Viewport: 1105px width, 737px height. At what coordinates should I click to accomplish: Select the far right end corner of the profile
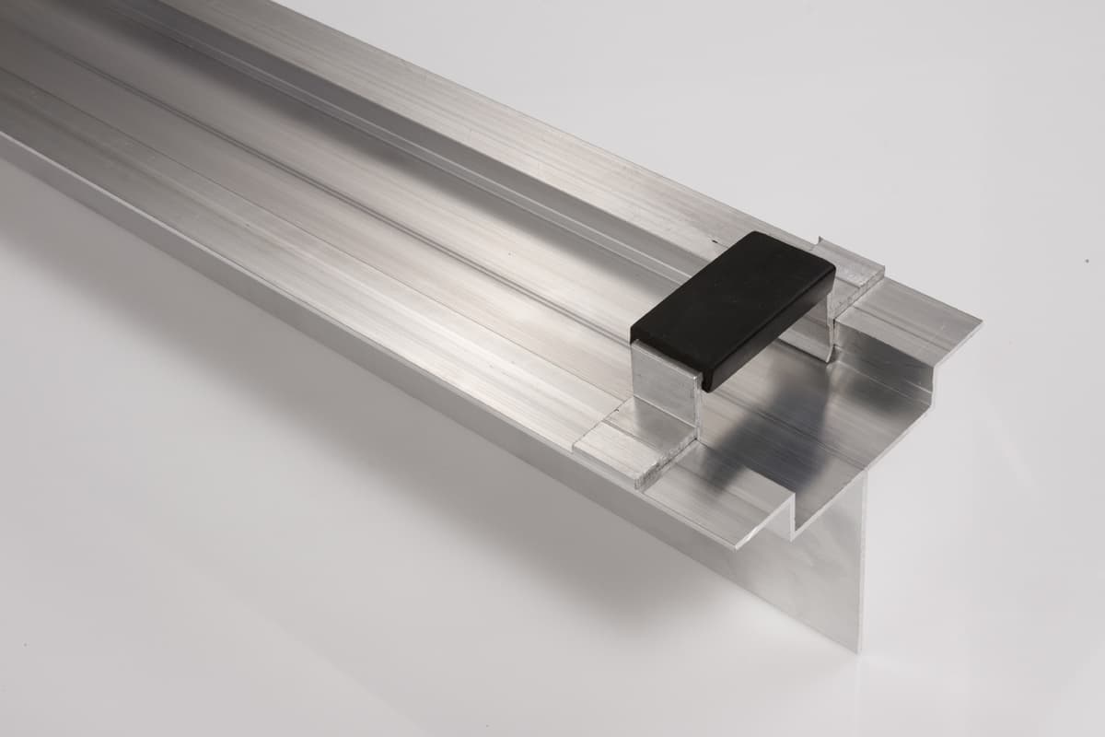pos(979,322)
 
